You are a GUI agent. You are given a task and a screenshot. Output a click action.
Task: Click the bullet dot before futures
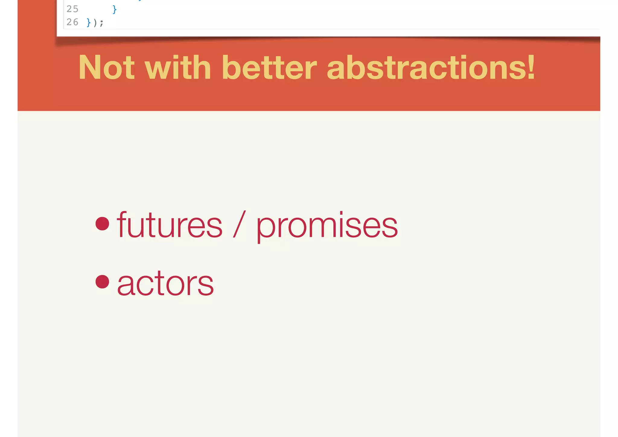pyautogui.click(x=102, y=224)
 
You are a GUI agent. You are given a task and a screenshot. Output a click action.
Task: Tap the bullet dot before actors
pyautogui.click(x=102, y=282)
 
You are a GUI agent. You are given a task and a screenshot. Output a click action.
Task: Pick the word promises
pyautogui.click(x=327, y=227)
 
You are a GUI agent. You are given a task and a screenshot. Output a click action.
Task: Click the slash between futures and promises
pyautogui.click(x=239, y=224)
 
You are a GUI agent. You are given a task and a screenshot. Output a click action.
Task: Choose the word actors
pyautogui.click(x=165, y=283)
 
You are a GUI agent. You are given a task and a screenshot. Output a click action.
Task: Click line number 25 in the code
pyautogui.click(x=72, y=9)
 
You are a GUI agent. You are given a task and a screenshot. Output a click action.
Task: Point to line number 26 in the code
pyautogui.click(x=72, y=22)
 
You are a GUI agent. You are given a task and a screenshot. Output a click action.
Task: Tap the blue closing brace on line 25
pyautogui.click(x=114, y=10)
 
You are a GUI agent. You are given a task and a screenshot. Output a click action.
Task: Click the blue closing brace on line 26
pyautogui.click(x=88, y=23)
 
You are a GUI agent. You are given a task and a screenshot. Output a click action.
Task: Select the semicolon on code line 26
pyautogui.click(x=102, y=23)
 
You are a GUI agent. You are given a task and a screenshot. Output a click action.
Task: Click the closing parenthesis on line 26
pyautogui.click(x=95, y=23)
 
